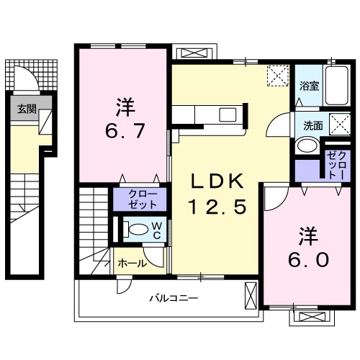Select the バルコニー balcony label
pyautogui.click(x=174, y=297)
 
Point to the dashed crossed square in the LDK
pyautogui.click(x=276, y=75)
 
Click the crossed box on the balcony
pyautogui.click(x=251, y=295)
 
